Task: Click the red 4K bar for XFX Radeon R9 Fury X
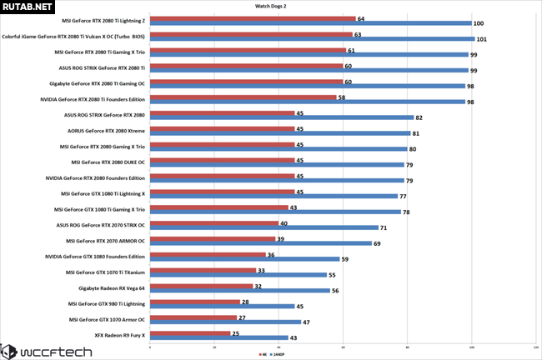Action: (188, 333)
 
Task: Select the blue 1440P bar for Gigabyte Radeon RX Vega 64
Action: (238, 291)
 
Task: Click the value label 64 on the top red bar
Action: (360, 18)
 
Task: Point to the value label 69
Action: (377, 243)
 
